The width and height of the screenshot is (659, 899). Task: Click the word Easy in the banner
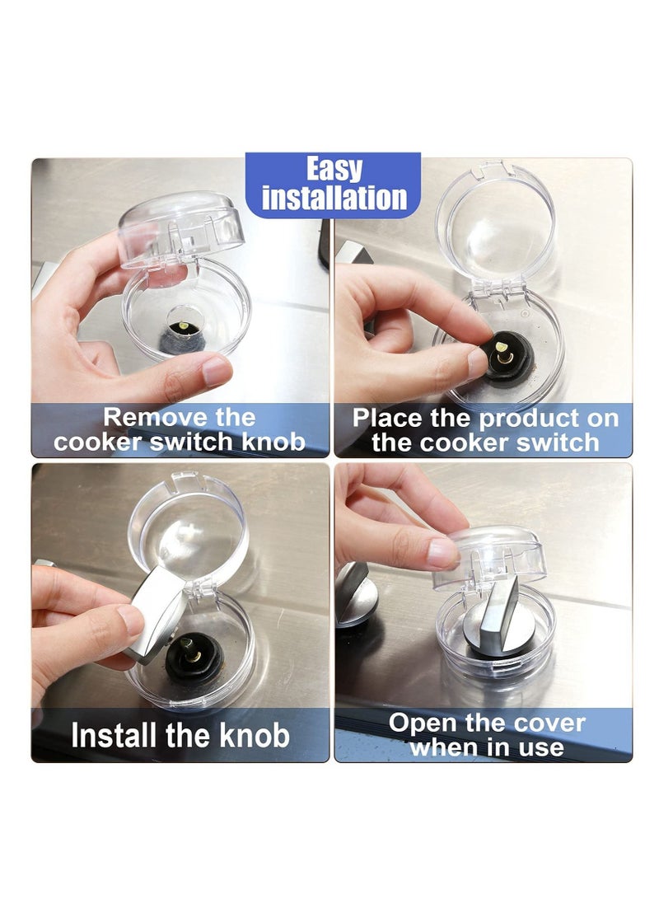click(x=334, y=170)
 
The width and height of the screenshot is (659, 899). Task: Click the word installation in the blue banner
click(x=334, y=199)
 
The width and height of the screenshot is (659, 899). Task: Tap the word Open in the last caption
click(x=423, y=723)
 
